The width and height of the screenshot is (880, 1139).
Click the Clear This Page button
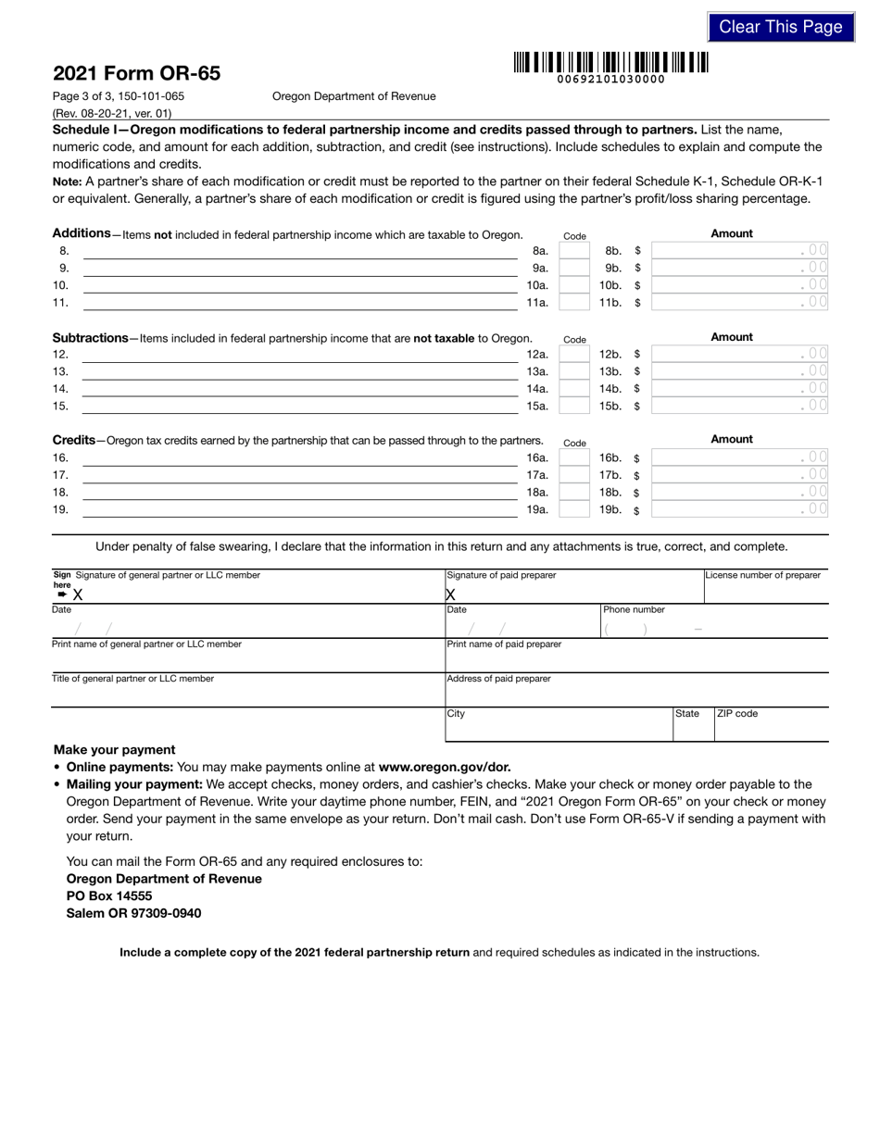click(780, 27)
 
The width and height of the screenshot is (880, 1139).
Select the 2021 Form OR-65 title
click(137, 74)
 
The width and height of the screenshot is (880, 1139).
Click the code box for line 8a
click(574, 251)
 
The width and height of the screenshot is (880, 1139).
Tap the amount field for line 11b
click(739, 302)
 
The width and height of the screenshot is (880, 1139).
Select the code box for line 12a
click(574, 354)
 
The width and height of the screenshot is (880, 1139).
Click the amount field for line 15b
click(739, 406)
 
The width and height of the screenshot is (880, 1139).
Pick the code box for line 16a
click(574, 457)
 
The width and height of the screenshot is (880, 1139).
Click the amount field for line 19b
click(739, 509)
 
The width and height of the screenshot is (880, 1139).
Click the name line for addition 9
click(300, 269)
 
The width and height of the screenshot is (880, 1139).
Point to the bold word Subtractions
click(90, 338)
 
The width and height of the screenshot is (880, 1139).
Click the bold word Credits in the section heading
click(73, 440)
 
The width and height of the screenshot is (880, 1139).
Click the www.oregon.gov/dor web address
click(445, 767)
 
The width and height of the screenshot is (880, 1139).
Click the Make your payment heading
click(114, 749)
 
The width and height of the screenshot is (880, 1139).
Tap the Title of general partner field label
click(132, 679)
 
